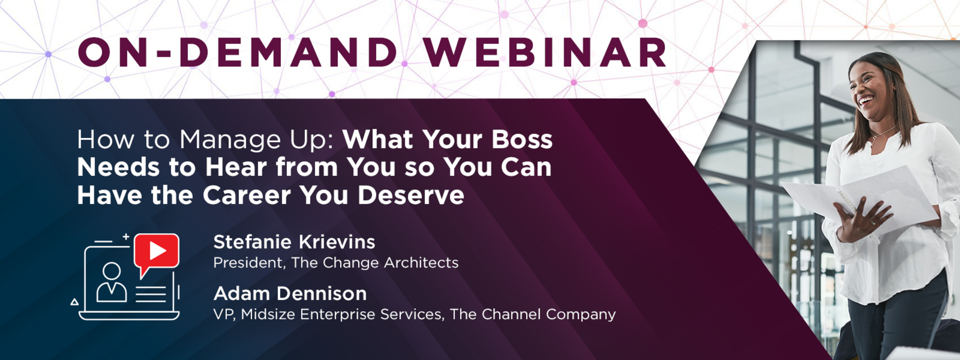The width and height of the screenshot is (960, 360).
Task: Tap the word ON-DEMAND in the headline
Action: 238,53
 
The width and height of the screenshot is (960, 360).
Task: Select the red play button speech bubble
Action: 157,253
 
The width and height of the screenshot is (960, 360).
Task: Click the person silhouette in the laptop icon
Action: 111,282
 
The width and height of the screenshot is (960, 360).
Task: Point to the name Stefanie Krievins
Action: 294,242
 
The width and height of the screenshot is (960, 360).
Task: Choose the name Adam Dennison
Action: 290,294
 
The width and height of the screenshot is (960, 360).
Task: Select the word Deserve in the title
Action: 411,195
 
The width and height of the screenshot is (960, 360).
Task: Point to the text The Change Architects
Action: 375,263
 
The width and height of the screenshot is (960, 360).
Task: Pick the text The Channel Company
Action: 532,314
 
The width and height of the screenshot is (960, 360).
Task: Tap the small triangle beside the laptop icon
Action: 74,302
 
